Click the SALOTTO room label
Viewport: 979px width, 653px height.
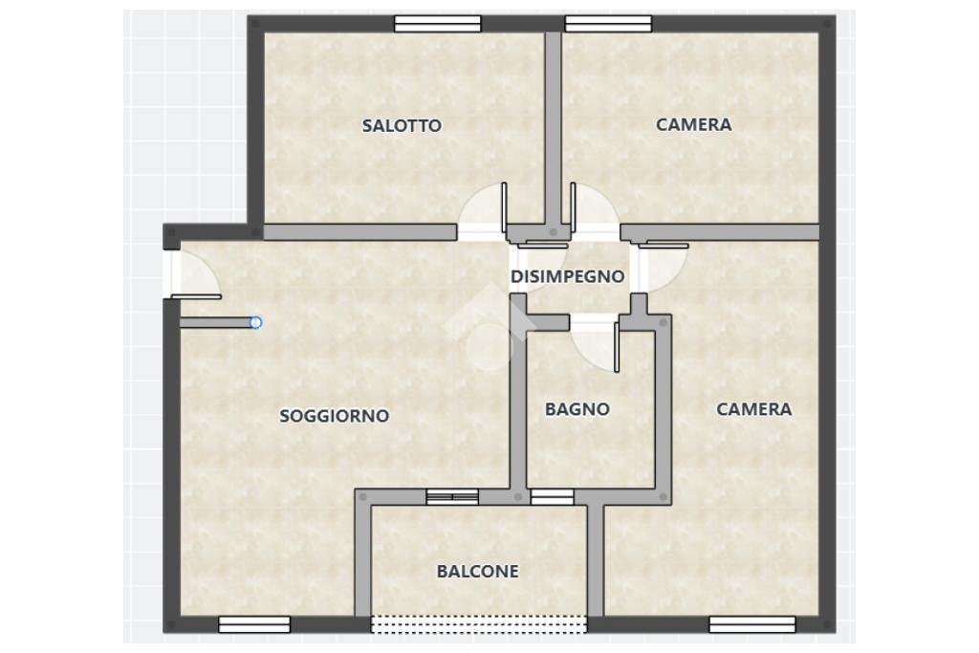402,125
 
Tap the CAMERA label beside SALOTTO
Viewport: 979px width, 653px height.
693,124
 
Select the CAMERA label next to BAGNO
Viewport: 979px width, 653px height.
754,409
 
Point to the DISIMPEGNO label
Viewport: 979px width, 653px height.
567,277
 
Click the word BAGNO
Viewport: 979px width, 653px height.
577,409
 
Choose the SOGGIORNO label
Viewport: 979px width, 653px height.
334,416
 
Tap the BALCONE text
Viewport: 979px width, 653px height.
477,572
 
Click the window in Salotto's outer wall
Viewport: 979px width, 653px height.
437,24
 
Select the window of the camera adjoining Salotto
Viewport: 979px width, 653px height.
608,24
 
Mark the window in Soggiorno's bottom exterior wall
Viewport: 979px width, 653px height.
254,624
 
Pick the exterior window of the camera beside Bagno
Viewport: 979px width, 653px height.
751,624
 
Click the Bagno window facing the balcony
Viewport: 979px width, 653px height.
552,496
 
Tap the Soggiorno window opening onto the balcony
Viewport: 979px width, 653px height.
452,496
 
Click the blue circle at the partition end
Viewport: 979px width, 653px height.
256,323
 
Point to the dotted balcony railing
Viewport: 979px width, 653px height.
478,624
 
